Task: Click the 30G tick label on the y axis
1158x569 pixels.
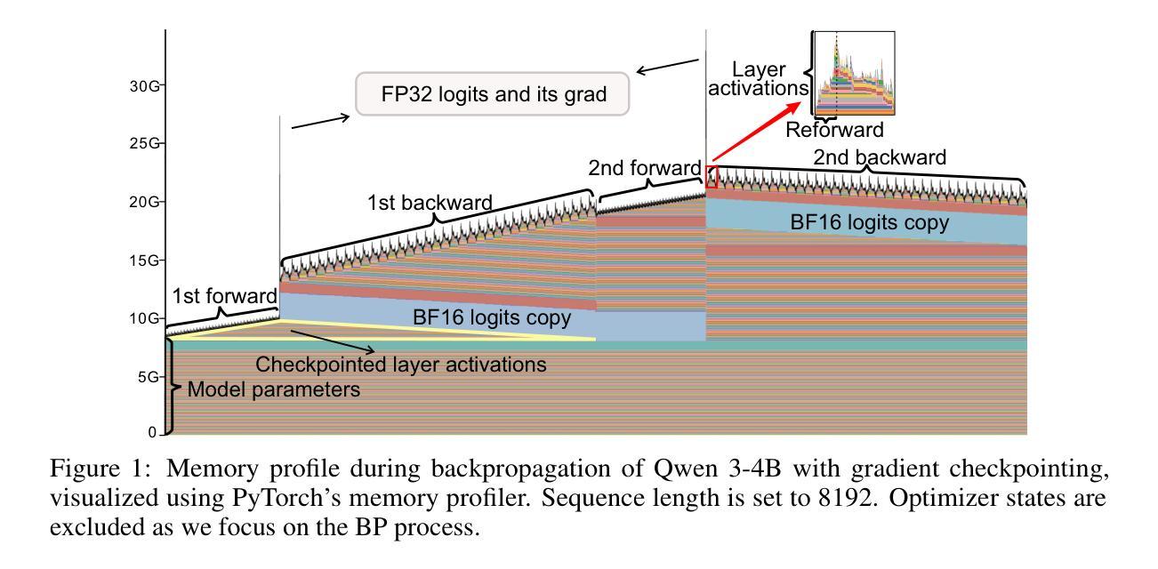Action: pos(144,86)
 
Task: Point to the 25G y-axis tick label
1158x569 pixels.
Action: pos(144,143)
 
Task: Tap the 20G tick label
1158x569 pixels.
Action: pos(144,202)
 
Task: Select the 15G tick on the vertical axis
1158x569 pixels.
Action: pos(144,260)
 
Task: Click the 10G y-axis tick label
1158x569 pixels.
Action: pos(144,318)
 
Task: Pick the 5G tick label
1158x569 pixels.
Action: pos(149,377)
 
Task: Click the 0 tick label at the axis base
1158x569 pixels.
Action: pos(152,432)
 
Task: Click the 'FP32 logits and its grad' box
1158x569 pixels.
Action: pos(492,94)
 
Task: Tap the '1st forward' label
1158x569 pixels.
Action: pos(224,296)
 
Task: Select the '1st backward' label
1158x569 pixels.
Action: pos(430,203)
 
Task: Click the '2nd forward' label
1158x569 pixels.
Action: pos(645,168)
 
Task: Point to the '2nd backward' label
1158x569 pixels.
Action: pos(880,157)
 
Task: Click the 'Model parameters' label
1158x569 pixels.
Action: pos(273,389)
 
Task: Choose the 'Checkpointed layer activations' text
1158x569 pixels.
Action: pos(400,365)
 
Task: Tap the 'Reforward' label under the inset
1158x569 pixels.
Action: pos(834,130)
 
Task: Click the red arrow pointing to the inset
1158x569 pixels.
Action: pos(756,132)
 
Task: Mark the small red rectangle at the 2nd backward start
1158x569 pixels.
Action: pos(712,177)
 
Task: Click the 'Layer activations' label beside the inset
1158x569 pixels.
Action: pos(758,78)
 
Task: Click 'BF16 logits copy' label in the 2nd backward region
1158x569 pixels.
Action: pos(870,223)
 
